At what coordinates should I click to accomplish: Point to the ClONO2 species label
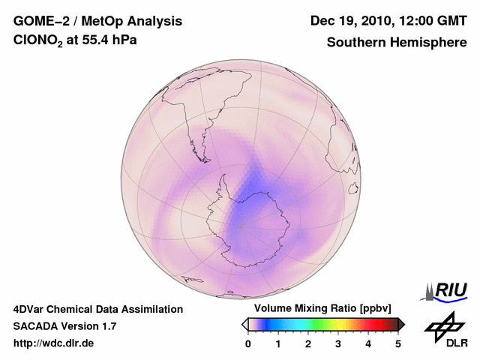point(38,42)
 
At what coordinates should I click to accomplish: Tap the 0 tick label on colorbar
point(248,343)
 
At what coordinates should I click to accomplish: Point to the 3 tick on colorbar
point(338,343)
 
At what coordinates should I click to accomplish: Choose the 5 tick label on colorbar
point(398,343)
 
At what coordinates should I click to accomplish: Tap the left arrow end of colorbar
point(244,324)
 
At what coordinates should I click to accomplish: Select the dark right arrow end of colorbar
point(401,324)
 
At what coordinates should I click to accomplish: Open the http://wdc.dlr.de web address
point(54,343)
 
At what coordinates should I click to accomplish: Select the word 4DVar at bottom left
point(29,309)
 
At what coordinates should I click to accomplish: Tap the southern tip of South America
point(203,159)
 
